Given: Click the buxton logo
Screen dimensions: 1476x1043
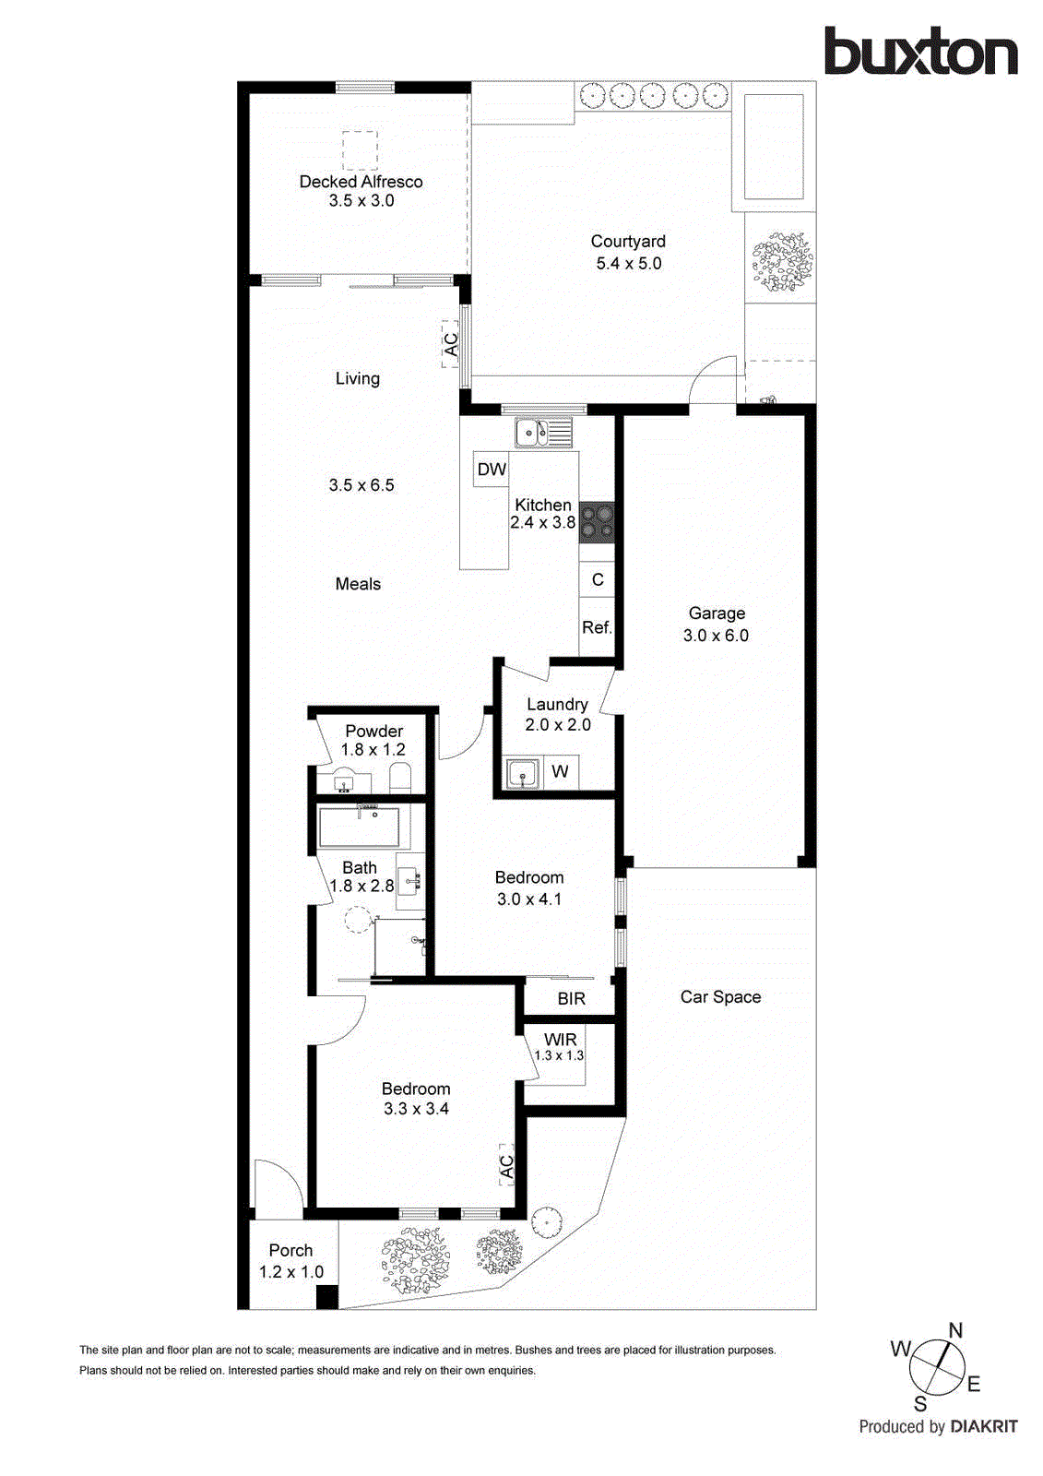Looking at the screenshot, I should (920, 52).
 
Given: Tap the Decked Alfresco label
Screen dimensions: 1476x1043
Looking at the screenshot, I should (361, 182).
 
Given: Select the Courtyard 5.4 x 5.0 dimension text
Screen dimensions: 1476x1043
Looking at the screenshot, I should (628, 264).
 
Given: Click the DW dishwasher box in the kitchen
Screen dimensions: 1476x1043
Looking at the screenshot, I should (491, 469).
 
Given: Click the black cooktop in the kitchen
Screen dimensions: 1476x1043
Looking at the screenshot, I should (596, 521).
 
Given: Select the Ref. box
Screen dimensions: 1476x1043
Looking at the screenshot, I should (597, 628).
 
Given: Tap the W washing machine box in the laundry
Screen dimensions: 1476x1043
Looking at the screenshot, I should (560, 772).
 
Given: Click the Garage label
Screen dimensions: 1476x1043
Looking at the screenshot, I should (717, 613).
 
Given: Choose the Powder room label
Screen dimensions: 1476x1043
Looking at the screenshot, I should (373, 731).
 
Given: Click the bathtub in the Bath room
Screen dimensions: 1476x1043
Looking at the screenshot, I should (360, 827).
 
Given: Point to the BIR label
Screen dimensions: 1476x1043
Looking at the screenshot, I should (571, 999).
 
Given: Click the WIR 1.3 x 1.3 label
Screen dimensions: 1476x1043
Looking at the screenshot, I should (559, 1047).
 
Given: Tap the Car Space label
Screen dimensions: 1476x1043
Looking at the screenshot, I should (720, 997).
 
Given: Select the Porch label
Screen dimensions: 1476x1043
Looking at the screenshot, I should (290, 1251).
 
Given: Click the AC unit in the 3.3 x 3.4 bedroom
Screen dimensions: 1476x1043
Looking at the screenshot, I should (505, 1167).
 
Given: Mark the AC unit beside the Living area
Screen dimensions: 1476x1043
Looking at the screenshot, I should (451, 344).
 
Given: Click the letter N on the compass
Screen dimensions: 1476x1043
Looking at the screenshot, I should (955, 1330).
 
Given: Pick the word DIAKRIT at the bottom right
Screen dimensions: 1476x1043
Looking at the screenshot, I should (983, 1427).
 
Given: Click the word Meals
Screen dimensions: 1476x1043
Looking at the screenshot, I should (358, 584).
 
